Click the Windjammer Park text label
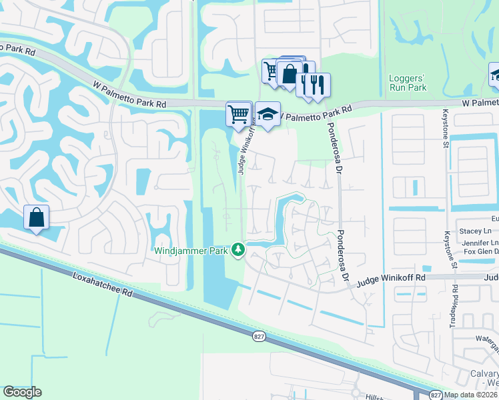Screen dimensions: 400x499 (x=192, y=251)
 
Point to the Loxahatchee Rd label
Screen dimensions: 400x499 (x=99, y=293)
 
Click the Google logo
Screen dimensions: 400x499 (x=22, y=392)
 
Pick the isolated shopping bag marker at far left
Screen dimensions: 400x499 (x=36, y=217)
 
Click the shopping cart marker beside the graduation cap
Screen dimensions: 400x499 (x=239, y=113)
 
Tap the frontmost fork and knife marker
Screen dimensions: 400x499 (x=318, y=85)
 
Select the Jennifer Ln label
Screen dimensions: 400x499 (x=484, y=242)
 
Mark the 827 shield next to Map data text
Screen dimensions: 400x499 (x=434, y=395)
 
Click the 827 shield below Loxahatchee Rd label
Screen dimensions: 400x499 (x=260, y=337)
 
